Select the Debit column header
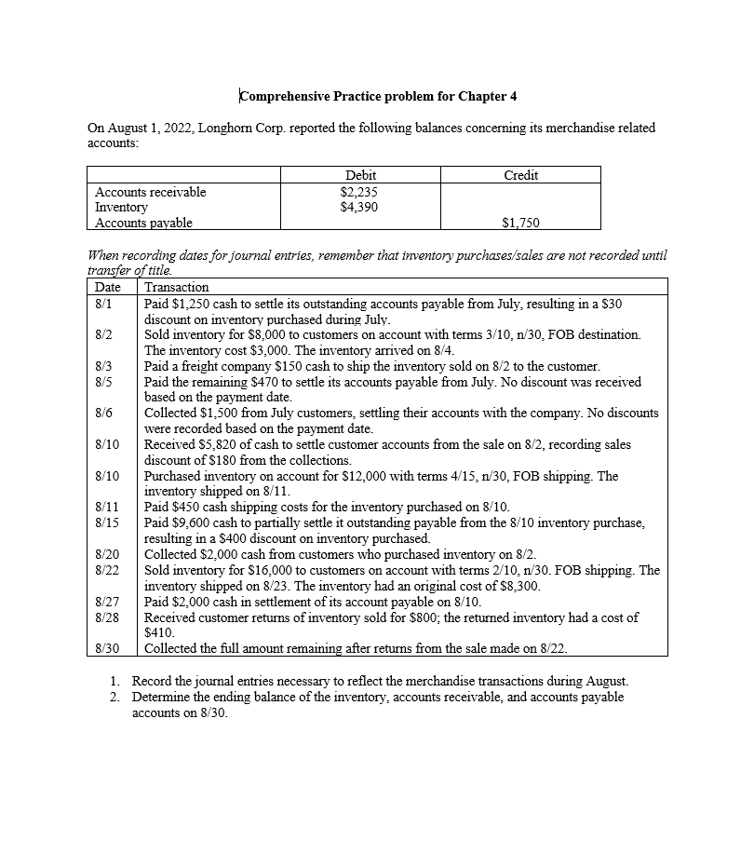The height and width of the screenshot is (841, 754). pos(360,175)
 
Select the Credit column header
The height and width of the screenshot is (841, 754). pos(520,175)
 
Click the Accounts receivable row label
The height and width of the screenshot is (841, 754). pos(151,192)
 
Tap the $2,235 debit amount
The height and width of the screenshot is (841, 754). pos(360,192)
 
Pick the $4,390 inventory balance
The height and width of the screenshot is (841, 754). pos(360,207)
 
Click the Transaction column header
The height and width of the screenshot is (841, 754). pos(177,287)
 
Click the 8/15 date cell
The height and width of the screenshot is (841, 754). pos(106,523)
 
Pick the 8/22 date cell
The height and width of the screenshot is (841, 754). pos(106,570)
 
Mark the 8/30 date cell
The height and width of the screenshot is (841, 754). pos(106,648)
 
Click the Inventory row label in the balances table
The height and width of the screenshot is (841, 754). pos(121,207)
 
